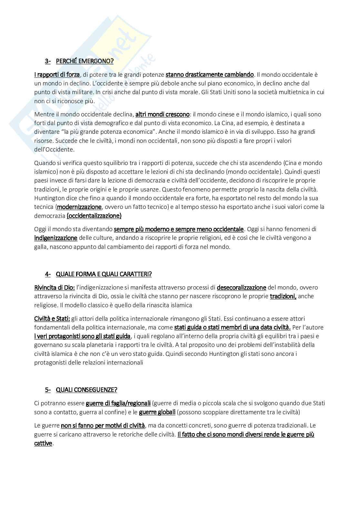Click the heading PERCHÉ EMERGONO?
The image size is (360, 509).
pos(85,61)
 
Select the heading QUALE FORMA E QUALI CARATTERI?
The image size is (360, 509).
pos(104,274)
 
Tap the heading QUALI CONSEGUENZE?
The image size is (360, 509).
pos(86,389)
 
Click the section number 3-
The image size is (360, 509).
pos(48,61)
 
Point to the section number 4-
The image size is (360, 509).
pos(48,274)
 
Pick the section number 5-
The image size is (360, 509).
pos(48,389)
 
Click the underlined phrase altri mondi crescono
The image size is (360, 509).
pos(162,114)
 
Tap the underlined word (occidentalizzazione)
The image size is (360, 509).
pos(94,216)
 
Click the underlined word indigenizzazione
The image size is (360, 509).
pos(56,238)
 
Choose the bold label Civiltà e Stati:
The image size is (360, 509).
pos(52,318)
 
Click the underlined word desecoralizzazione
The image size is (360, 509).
pos(241,287)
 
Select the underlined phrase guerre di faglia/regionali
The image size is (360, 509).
pos(118,403)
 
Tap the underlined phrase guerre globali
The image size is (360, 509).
pos(157,412)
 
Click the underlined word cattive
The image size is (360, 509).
pos(43,443)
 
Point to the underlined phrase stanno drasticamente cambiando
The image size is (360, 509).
pos(210,74)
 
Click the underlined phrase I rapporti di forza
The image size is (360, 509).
pos(57,74)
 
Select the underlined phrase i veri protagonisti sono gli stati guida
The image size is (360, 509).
pos(82,336)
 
